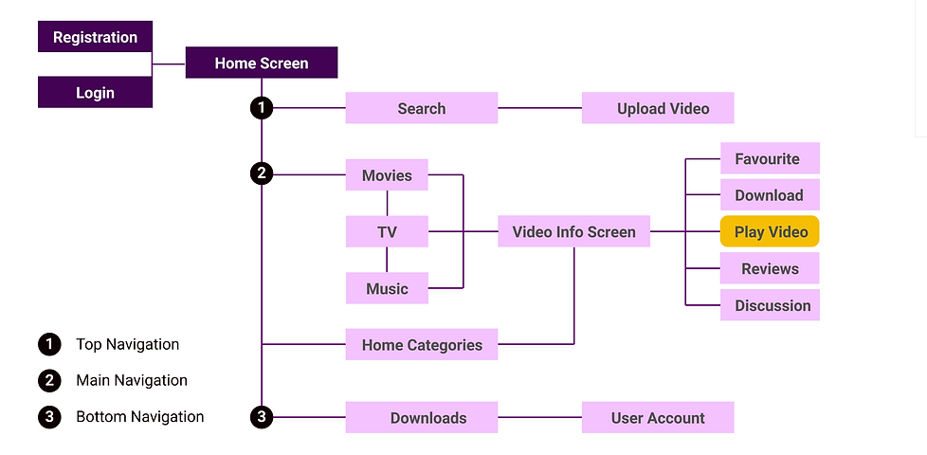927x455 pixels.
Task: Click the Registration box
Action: pyautogui.click(x=95, y=37)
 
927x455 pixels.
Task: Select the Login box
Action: pyautogui.click(x=95, y=93)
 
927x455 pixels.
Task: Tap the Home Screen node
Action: pyautogui.click(x=261, y=64)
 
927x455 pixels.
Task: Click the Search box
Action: pyautogui.click(x=421, y=108)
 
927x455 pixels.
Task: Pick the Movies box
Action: pyautogui.click(x=387, y=175)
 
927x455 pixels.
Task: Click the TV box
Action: pyautogui.click(x=387, y=231)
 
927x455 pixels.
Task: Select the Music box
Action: pyautogui.click(x=387, y=288)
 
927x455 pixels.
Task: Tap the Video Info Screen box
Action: pyautogui.click(x=573, y=231)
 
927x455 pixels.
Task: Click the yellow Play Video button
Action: pyautogui.click(x=770, y=231)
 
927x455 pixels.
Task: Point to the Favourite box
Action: pyautogui.click(x=770, y=158)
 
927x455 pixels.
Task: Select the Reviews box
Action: pyautogui.click(x=770, y=268)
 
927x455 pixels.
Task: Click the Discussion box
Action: pyautogui.click(x=770, y=305)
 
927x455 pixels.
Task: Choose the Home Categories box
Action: pyautogui.click(x=421, y=345)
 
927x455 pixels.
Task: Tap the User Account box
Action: pyautogui.click(x=658, y=418)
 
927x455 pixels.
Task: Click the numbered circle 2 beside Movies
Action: pyautogui.click(x=262, y=174)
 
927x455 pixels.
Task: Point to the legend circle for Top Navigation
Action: pyautogui.click(x=49, y=344)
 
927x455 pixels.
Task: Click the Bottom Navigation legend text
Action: pyautogui.click(x=139, y=416)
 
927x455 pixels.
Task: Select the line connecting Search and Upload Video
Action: pyautogui.click(x=539, y=108)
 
